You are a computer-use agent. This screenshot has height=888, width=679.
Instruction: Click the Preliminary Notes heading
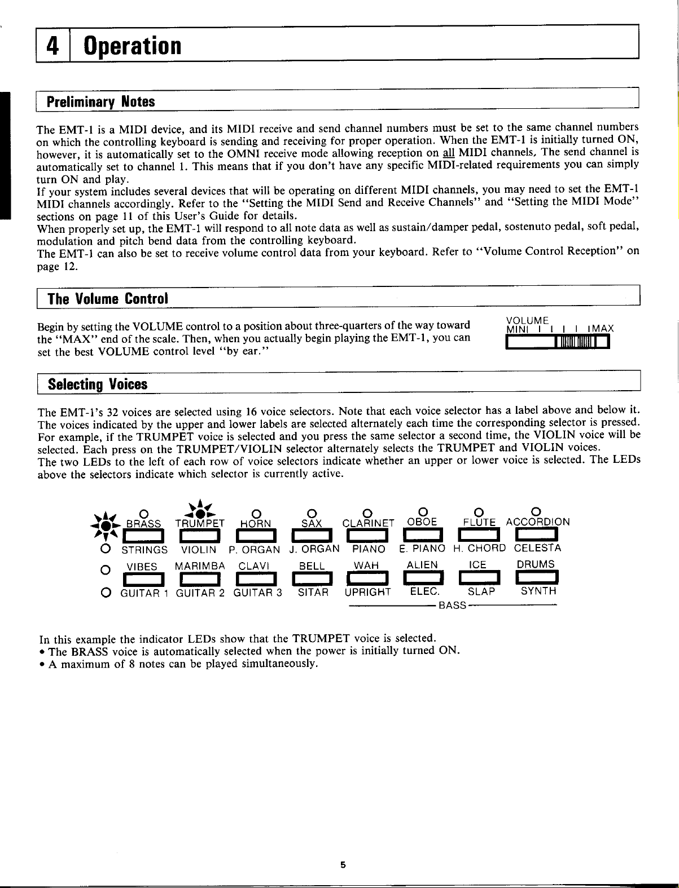point(100,102)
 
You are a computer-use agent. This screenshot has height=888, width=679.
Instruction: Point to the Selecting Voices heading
point(97,385)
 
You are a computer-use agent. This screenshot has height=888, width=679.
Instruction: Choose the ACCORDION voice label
point(537,522)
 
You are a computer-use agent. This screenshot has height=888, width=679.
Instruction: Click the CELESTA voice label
point(537,548)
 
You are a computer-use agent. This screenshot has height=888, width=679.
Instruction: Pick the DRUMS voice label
point(536,564)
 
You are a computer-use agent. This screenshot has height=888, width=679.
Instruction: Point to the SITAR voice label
point(313,591)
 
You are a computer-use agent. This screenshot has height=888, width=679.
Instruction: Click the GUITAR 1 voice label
point(143,591)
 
